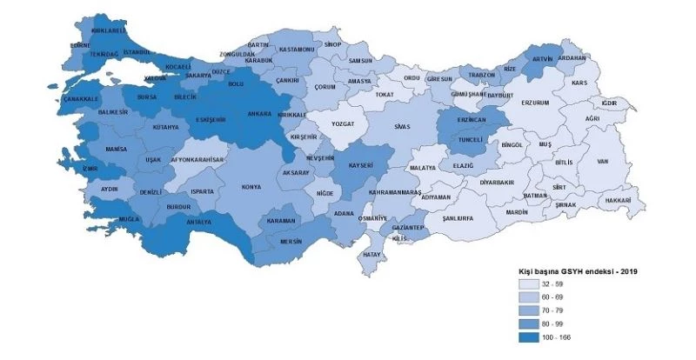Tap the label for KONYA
(x=252, y=186)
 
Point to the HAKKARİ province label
(x=617, y=200)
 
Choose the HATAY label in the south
(x=372, y=254)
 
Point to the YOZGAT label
(x=341, y=123)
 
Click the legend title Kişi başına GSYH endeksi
(x=575, y=272)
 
